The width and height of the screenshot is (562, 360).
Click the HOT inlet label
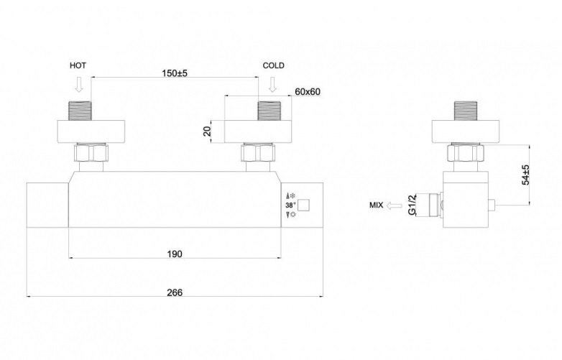coord(78,65)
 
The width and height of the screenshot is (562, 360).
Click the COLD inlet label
coord(274,65)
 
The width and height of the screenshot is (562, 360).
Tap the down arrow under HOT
coord(80,85)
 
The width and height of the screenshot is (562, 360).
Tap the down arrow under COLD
coord(273,85)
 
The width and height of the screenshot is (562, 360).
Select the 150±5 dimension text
coord(175,73)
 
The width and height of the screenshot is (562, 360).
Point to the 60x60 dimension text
coord(308,92)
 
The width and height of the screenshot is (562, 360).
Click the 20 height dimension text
coord(207,131)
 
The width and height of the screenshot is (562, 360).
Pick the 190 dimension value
coord(175,254)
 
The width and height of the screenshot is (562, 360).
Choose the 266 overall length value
coord(175,292)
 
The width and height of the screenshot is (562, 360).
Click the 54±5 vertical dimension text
coord(525,175)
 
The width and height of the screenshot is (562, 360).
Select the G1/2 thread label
coord(413,205)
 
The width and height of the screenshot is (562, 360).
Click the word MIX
coord(376,206)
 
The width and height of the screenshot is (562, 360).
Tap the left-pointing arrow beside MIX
coord(395,206)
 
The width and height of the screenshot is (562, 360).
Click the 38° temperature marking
coord(290,206)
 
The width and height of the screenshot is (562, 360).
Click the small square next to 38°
coord(303,206)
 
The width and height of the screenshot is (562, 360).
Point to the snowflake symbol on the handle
coord(292,196)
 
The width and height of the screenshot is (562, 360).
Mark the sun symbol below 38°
coord(292,215)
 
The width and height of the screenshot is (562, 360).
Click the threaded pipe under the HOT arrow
coord(80,111)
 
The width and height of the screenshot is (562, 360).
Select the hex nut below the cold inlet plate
coord(258,152)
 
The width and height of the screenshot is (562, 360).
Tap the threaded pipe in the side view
coord(466,111)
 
